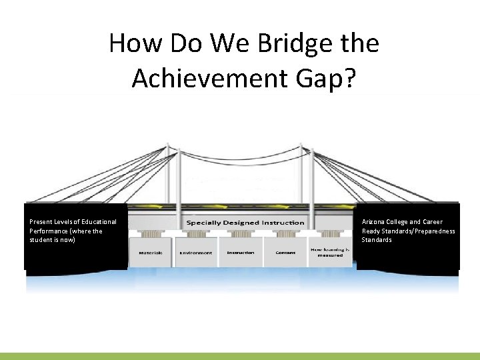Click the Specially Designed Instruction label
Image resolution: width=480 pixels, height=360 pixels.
245,223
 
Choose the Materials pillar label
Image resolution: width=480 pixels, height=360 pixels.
151,253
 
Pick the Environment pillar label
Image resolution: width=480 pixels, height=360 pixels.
196,253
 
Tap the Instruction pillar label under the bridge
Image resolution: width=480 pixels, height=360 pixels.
241,253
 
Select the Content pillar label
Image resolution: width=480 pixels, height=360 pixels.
286,253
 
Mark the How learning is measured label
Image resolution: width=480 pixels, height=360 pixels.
330,251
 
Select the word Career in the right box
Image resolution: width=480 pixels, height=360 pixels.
433,222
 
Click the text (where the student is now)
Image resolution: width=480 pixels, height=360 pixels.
67,235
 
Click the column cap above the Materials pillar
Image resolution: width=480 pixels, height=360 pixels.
151,235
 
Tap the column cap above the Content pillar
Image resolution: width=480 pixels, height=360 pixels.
286,235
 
